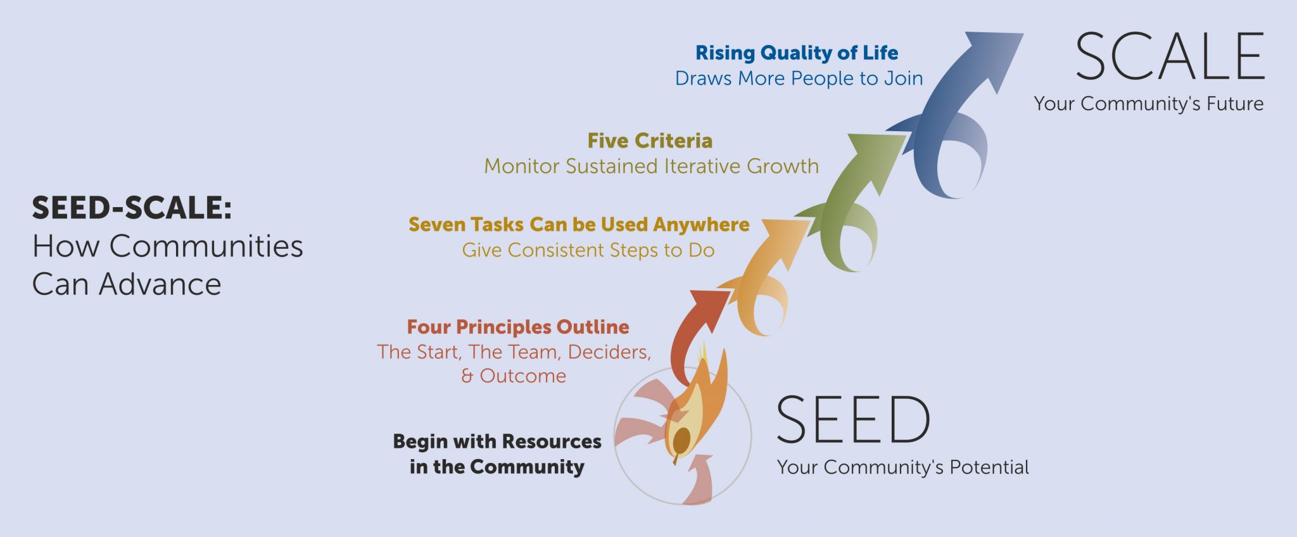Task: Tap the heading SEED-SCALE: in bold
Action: tap(132, 208)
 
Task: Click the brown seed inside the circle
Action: tap(681, 439)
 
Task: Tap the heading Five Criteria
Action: tap(650, 141)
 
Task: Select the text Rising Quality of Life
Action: tap(797, 53)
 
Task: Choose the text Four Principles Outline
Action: tap(518, 327)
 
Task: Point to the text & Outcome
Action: tap(514, 376)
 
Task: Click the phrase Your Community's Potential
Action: tap(902, 467)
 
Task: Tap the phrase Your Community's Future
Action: tap(1148, 104)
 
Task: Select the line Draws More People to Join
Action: tap(799, 79)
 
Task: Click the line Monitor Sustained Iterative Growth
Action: tap(651, 166)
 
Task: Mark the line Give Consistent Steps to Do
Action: tap(588, 250)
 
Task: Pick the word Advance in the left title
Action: tap(160, 284)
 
